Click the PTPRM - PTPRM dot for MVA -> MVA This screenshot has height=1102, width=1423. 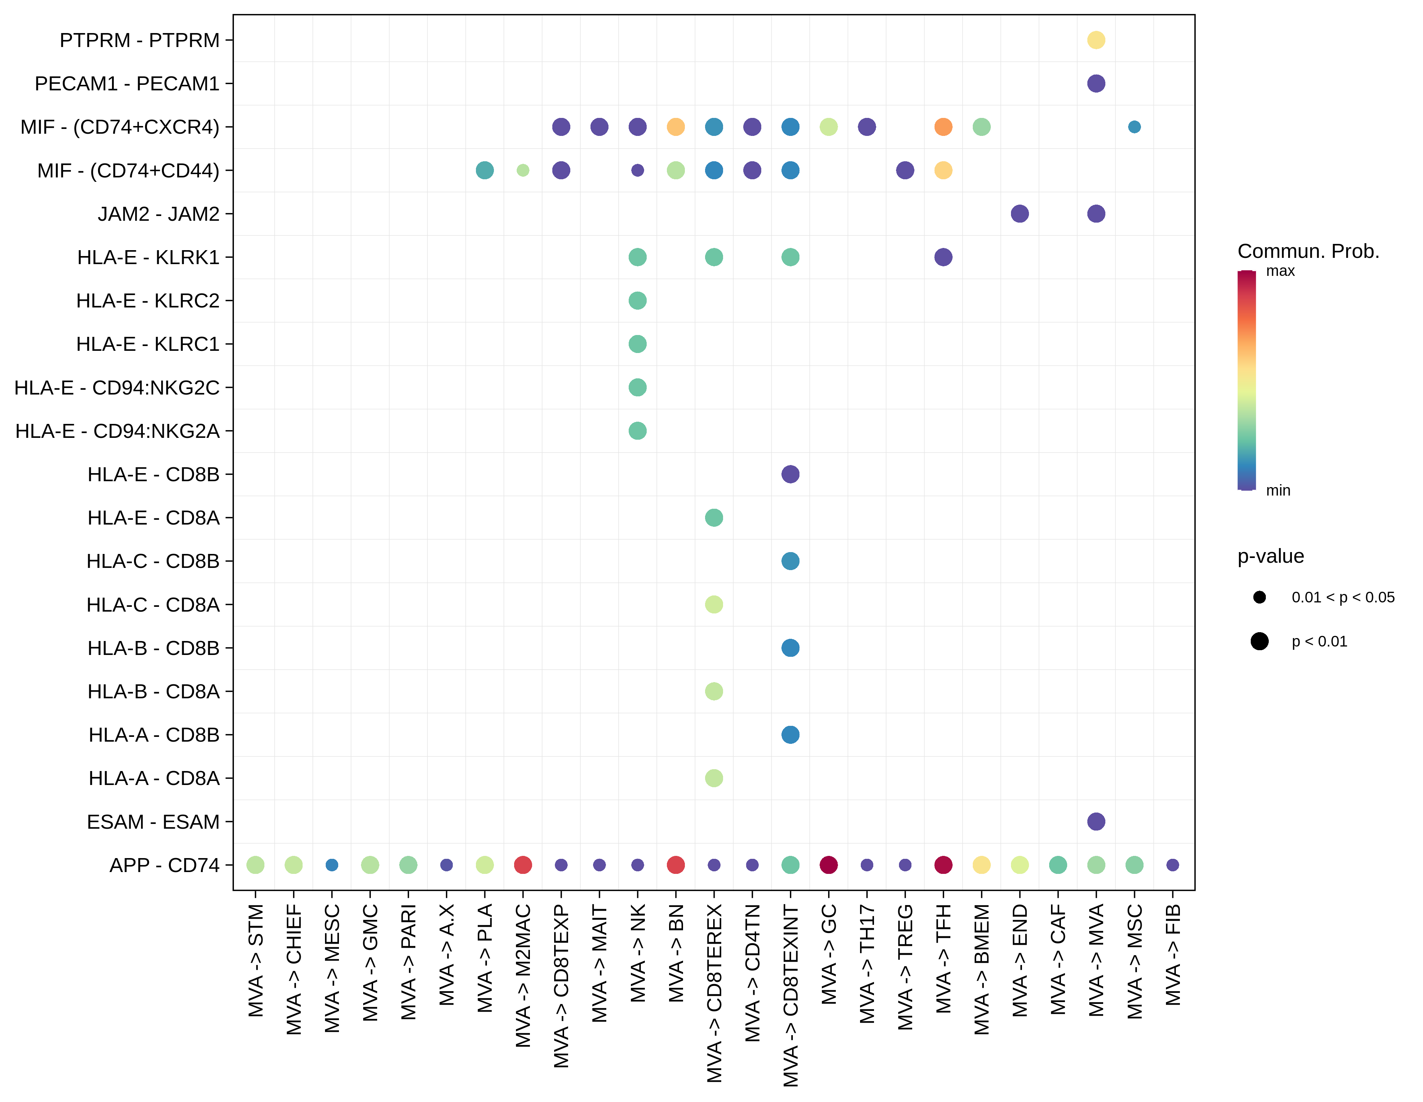(1096, 40)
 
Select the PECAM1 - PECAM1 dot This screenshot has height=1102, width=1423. (1096, 83)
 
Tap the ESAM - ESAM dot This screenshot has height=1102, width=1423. (1096, 821)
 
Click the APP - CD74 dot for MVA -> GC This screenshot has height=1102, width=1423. (828, 865)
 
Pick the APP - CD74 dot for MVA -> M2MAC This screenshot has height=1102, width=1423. (523, 865)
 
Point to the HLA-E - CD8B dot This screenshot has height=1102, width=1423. (790, 474)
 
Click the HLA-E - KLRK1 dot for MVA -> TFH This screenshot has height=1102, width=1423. (943, 257)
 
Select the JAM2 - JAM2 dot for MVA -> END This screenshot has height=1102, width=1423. (1020, 214)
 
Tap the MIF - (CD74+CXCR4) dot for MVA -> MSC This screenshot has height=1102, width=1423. (1134, 126)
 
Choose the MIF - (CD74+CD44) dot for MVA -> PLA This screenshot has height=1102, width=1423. (484, 170)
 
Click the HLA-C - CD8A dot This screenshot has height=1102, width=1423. (714, 604)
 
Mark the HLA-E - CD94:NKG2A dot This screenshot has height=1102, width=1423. (637, 431)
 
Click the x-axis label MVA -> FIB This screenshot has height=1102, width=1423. (1173, 955)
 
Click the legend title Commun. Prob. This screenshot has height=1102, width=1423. (1308, 251)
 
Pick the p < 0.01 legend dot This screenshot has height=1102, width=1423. (1260, 641)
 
